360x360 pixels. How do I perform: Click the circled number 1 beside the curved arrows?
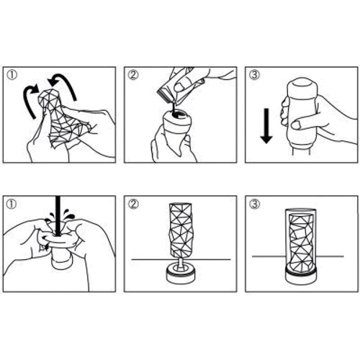12,75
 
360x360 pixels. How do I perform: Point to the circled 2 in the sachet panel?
133,75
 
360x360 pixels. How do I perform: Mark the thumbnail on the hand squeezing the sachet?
179,88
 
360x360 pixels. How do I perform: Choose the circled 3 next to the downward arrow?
254,75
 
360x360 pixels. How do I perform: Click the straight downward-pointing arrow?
266,126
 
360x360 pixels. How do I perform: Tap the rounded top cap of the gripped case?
302,87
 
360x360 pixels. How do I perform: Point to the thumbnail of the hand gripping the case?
297,125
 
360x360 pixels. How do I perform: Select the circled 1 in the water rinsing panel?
12,204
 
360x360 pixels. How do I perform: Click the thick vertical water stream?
58,215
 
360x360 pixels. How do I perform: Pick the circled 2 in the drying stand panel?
133,204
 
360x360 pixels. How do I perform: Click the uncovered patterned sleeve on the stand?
181,230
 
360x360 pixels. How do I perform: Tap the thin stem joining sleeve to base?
181,264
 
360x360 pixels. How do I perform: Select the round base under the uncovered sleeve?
181,274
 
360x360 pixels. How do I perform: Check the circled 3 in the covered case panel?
254,204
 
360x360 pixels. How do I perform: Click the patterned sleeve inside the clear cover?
301,243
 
